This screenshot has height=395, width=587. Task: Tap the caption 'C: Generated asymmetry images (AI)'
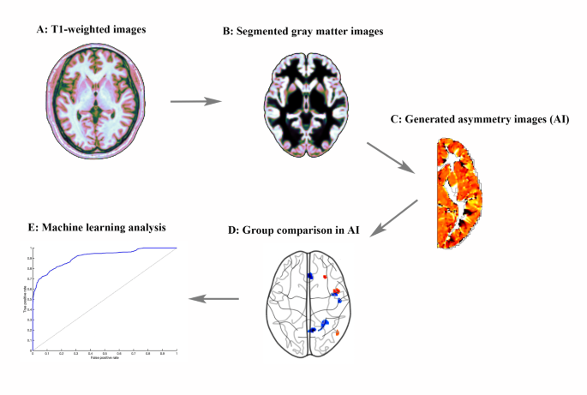[486, 121]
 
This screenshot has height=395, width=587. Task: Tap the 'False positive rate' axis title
[103, 356]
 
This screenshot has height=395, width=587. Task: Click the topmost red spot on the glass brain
[326, 278]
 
